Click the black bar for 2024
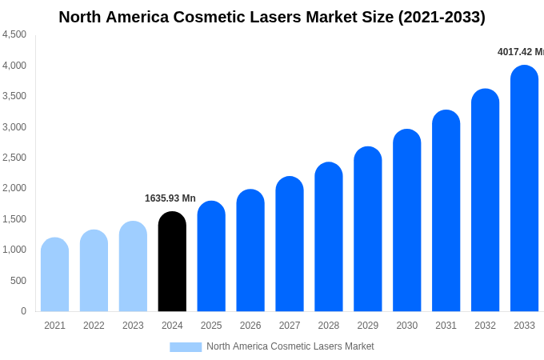[172, 262]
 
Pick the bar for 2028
[329, 237]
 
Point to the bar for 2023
[133, 266]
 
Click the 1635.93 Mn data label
[170, 198]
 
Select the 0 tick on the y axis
[23, 311]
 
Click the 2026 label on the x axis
[250, 326]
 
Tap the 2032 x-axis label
[485, 326]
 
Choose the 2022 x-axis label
[94, 326]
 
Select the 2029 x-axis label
[368, 326]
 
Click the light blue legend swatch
[186, 347]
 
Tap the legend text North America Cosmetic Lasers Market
[290, 346]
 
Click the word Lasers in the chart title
[277, 17]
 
